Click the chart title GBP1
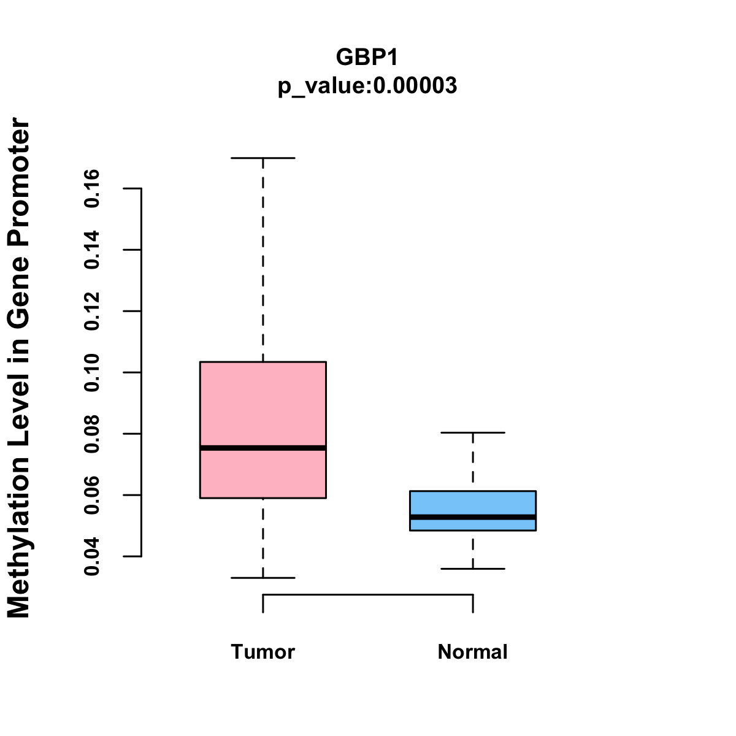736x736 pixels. tap(367, 57)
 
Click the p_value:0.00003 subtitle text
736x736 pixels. tap(367, 86)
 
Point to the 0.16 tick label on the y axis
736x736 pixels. tap(92, 188)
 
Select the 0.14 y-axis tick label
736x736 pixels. tap(92, 250)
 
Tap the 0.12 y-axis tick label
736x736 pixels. tap(92, 311)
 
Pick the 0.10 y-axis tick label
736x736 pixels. tap(92, 372)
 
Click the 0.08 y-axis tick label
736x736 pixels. tap(92, 434)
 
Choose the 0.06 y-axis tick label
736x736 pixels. tap(92, 495)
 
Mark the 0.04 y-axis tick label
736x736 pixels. tap(92, 556)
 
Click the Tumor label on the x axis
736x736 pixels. tap(263, 651)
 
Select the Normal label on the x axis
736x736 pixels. tap(472, 651)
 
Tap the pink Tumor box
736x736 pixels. tap(263, 405)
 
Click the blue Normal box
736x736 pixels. tap(472, 503)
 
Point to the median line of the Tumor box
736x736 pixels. tap(263, 448)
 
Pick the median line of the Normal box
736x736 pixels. tap(472, 518)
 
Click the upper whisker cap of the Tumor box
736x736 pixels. tap(263, 158)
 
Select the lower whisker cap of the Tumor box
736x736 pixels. tap(263, 578)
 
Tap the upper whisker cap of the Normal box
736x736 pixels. tap(472, 432)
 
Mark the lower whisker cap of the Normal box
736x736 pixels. tap(472, 569)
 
